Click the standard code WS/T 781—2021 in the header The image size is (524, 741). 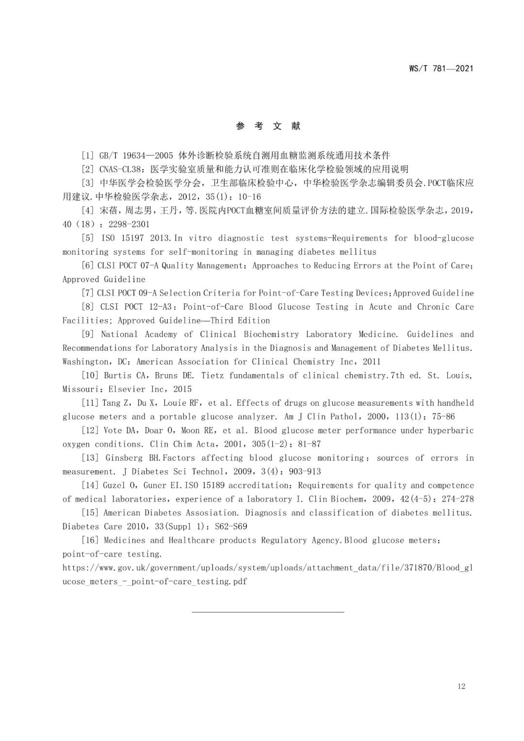441,68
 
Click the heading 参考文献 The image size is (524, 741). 268,126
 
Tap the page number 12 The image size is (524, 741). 461,686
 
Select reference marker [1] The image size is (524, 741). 88,155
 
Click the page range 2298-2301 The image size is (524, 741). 129,224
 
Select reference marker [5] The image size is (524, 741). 88,238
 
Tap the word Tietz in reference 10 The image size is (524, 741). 213,375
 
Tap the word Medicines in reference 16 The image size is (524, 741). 124,540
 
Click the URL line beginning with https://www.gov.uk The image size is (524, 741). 267,568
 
